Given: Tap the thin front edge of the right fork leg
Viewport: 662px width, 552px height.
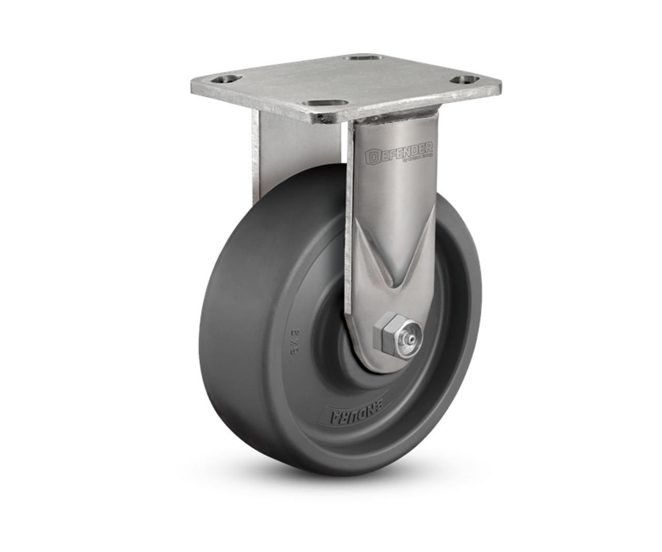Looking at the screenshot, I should coord(350,233).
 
